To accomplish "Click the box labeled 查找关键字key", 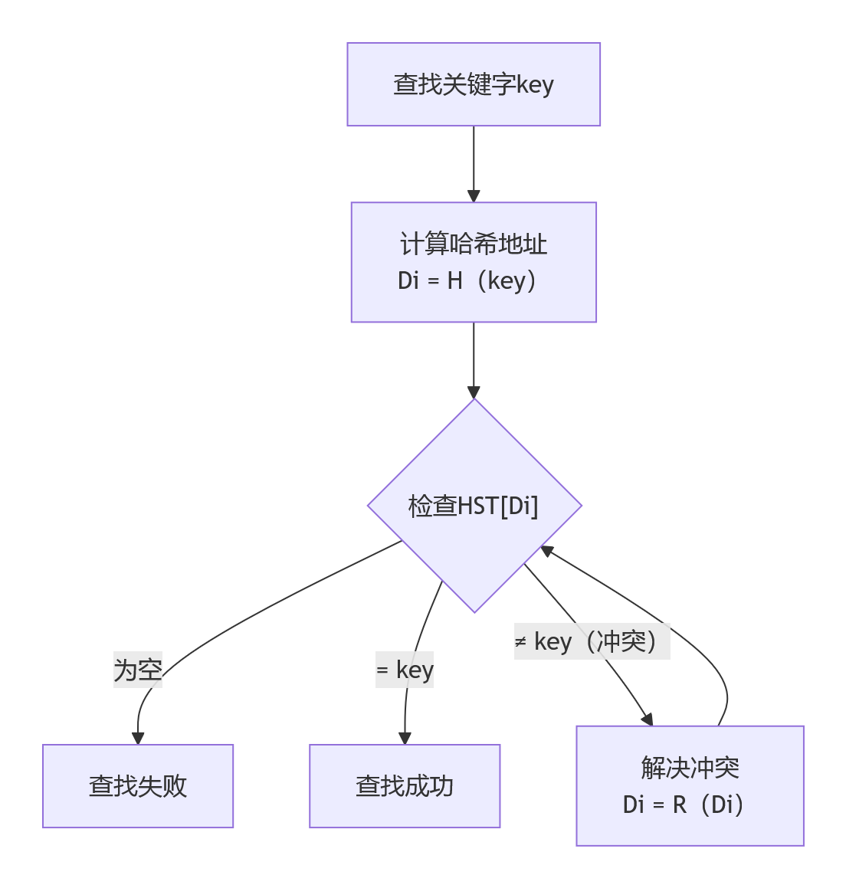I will point(474,84).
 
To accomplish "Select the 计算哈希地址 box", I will point(474,262).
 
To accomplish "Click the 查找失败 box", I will point(138,786).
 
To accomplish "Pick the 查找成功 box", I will point(405,786).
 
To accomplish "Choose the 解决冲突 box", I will point(690,786).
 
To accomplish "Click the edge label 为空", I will point(138,670).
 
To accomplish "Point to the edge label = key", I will point(405,670).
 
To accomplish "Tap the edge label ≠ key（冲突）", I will point(592,641).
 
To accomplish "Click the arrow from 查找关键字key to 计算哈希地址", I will point(474,162).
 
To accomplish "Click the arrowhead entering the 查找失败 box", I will point(138,739).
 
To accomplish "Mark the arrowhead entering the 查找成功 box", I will point(405,739).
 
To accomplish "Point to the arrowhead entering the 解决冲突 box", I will point(648,719).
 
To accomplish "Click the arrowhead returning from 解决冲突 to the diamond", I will point(547,550).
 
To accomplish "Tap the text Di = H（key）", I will point(467,281).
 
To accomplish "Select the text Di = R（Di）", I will point(684,805).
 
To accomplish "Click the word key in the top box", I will point(535,84).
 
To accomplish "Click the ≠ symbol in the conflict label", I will point(521,641).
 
